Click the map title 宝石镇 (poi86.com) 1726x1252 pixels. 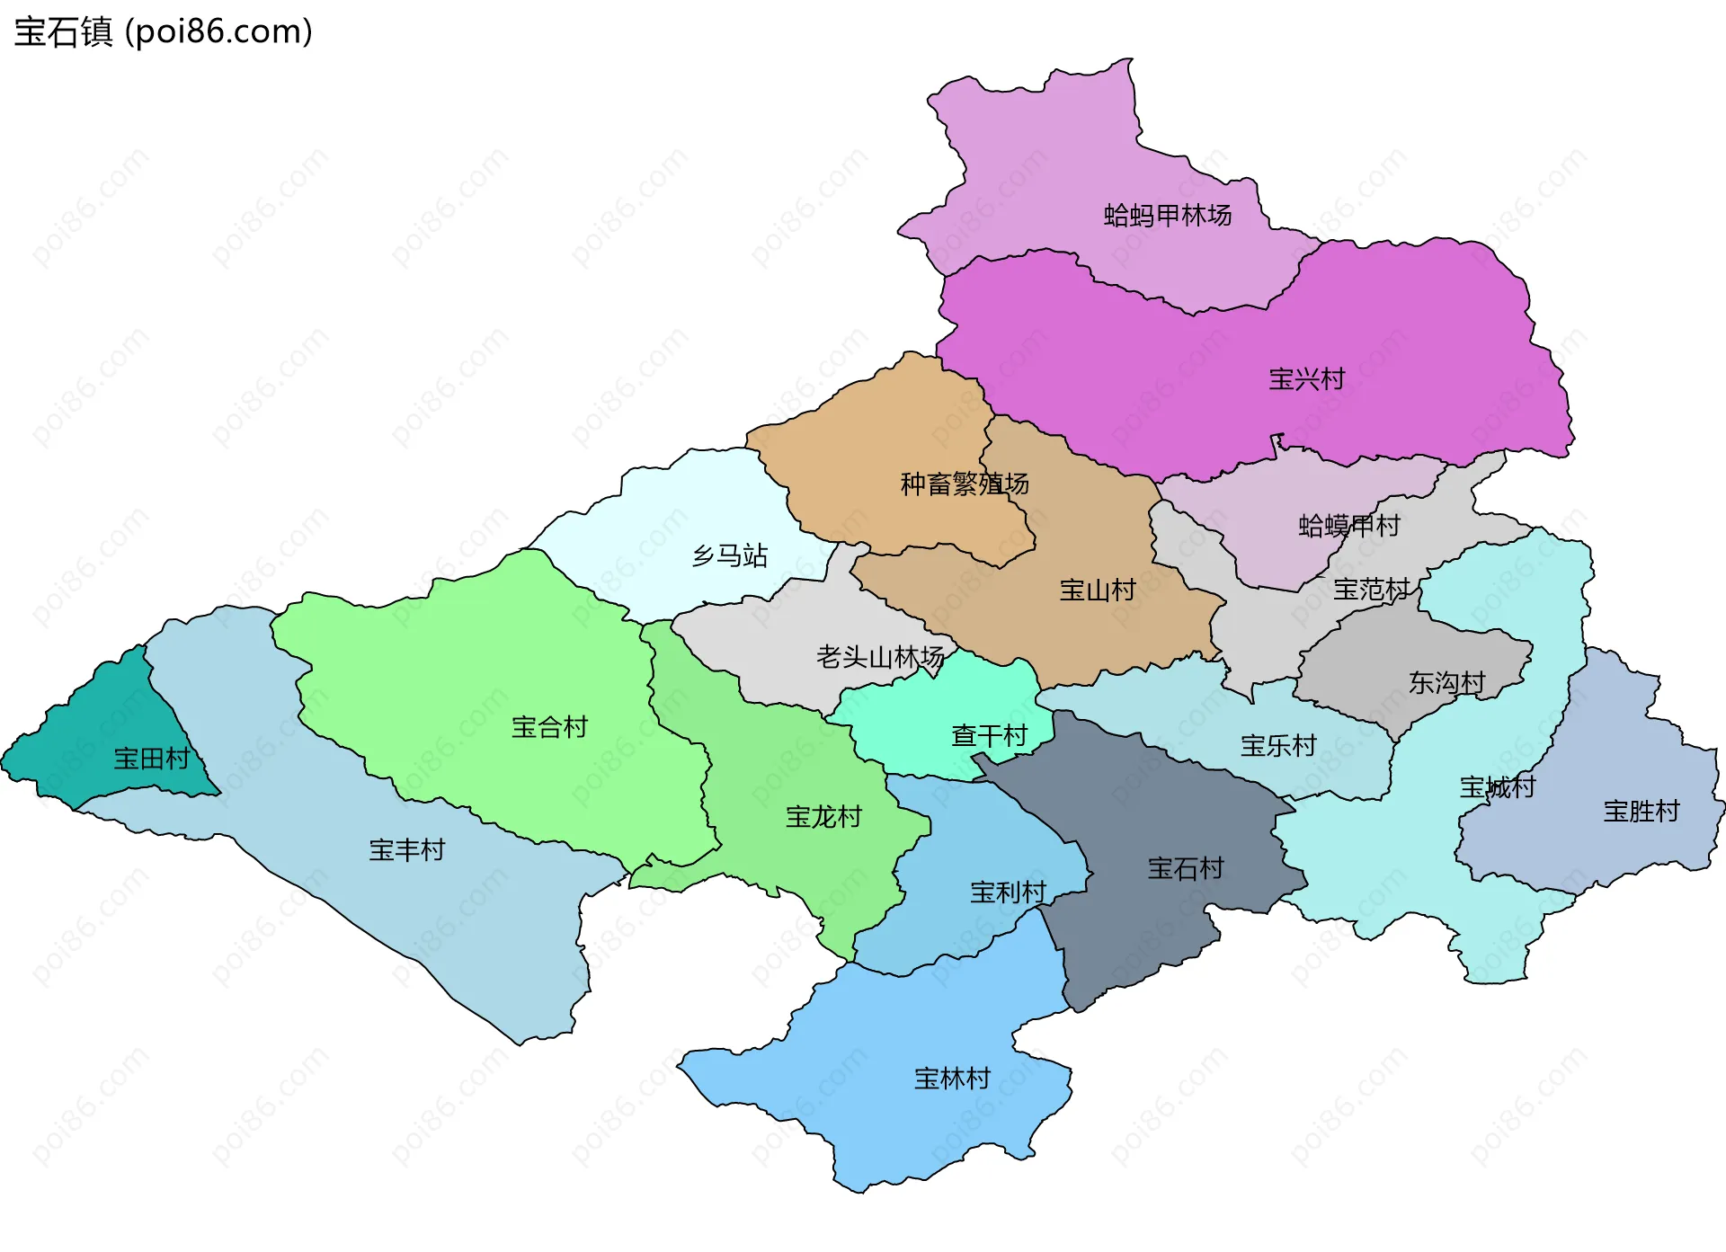pyautogui.click(x=163, y=31)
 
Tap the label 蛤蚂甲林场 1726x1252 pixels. pyautogui.click(x=1167, y=216)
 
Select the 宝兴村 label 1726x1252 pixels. pyautogui.click(x=1306, y=379)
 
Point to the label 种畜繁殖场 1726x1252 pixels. pyautogui.click(x=964, y=484)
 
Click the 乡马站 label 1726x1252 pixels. pyautogui.click(x=729, y=555)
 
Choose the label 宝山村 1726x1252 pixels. pyautogui.click(x=1097, y=590)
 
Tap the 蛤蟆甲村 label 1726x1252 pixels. pyautogui.click(x=1348, y=526)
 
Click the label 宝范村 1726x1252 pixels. pyautogui.click(x=1370, y=590)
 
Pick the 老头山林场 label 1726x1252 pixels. pyautogui.click(x=879, y=657)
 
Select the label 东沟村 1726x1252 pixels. pyautogui.click(x=1446, y=683)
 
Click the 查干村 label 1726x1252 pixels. pyautogui.click(x=989, y=736)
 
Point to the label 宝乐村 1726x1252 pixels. pyautogui.click(x=1277, y=746)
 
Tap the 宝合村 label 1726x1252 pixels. pyautogui.click(x=549, y=727)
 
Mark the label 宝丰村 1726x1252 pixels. pyautogui.click(x=406, y=850)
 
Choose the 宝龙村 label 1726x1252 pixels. pyautogui.click(x=823, y=817)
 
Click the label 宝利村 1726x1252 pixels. pyautogui.click(x=1007, y=892)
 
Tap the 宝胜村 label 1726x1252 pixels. pyautogui.click(x=1641, y=812)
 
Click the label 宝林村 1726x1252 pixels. pyautogui.click(x=951, y=1079)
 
